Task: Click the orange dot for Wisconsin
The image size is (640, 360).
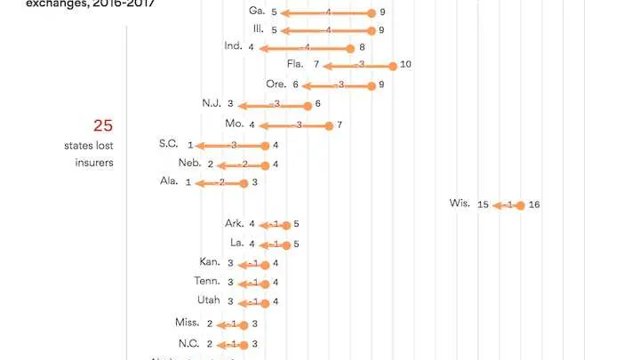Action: click(x=520, y=204)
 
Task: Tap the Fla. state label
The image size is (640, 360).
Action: click(x=295, y=64)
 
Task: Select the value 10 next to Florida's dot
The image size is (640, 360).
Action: click(x=405, y=64)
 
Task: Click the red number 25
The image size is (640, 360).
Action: click(x=103, y=126)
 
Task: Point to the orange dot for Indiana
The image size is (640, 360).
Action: click(x=350, y=48)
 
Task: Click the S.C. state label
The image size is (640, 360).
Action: click(x=169, y=144)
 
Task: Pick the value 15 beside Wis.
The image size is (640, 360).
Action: click(x=483, y=204)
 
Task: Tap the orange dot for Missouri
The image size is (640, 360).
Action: click(x=329, y=125)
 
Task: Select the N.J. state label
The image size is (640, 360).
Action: click(x=212, y=104)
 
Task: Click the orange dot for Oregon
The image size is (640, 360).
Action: click(x=372, y=85)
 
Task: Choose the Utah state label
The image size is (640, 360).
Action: click(x=208, y=300)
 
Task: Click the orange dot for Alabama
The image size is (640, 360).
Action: click(x=244, y=183)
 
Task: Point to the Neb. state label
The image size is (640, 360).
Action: click(x=189, y=164)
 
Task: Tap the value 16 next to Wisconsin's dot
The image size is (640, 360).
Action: click(x=534, y=204)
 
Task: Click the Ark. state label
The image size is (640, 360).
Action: click(x=235, y=224)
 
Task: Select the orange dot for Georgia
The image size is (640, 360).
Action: click(x=372, y=13)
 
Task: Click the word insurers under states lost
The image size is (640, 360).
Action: click(x=93, y=163)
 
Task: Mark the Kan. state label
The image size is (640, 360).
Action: click(x=210, y=262)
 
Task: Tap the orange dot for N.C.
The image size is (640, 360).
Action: click(x=244, y=343)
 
